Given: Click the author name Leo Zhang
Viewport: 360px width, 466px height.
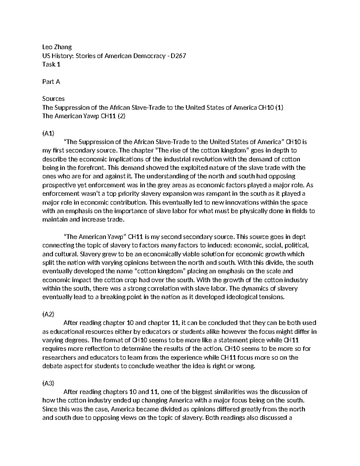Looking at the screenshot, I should coord(57,47).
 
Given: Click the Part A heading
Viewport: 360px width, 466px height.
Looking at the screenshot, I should coord(51,82).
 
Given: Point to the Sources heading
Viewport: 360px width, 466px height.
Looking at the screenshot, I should coord(53,99).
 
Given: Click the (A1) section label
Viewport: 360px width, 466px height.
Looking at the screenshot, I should coord(48,133).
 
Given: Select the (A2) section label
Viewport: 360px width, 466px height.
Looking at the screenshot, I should coord(48,314).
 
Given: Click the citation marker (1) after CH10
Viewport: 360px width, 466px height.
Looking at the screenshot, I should coord(279,107).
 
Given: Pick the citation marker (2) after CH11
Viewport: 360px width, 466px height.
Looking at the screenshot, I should coord(121,116).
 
